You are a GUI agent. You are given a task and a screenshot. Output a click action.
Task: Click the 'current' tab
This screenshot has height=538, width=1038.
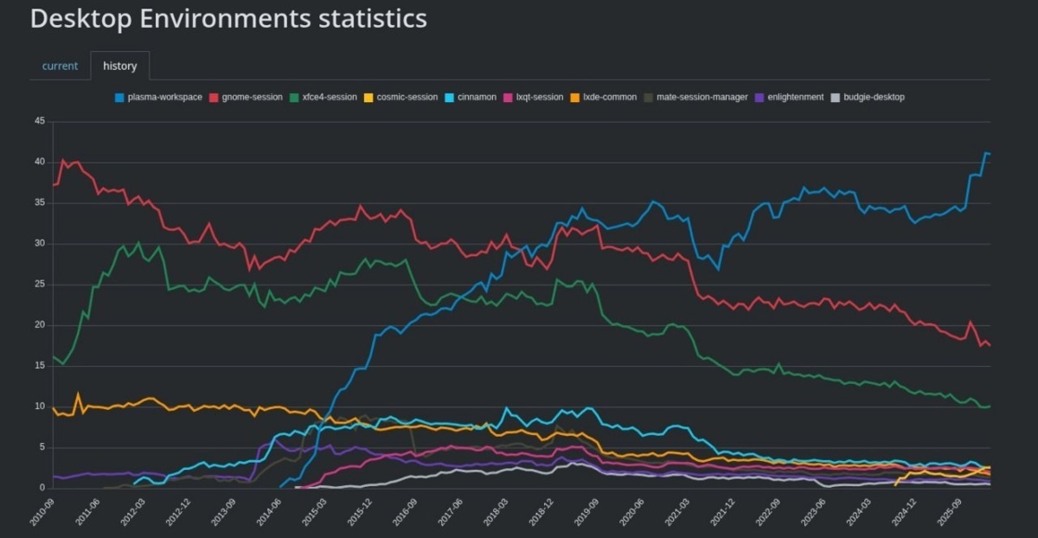pyautogui.click(x=60, y=66)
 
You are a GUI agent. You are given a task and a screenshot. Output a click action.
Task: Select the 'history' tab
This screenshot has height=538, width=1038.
pyautogui.click(x=120, y=66)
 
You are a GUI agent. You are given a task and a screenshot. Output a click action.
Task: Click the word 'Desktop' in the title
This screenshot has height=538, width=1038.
pyautogui.click(x=81, y=19)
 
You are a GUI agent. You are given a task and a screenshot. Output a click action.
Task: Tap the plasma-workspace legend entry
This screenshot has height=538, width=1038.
pyautogui.click(x=158, y=98)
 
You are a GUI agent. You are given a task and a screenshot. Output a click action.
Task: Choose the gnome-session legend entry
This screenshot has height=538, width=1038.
pyautogui.click(x=246, y=98)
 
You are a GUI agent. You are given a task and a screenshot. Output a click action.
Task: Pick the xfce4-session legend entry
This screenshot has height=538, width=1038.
pyautogui.click(x=323, y=98)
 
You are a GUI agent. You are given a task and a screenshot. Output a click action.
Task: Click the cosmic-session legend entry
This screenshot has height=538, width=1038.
pyautogui.click(x=400, y=98)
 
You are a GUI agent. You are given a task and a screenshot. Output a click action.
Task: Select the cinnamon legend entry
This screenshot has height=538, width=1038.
pyautogui.click(x=471, y=98)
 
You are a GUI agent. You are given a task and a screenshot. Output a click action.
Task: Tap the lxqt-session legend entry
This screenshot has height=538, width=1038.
pyautogui.click(x=534, y=98)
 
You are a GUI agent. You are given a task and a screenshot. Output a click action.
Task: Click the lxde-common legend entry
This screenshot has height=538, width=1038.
pyautogui.click(x=604, y=98)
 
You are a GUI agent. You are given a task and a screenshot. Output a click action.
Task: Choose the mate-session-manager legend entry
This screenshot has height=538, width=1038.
pyautogui.click(x=695, y=98)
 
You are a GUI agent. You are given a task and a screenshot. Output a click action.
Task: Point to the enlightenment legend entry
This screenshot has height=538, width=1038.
pyautogui.click(x=789, y=98)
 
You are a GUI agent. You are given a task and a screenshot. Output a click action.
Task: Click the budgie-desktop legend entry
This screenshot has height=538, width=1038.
pyautogui.click(x=868, y=98)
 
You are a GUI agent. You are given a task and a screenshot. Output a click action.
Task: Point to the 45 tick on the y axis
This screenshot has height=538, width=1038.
pyautogui.click(x=40, y=121)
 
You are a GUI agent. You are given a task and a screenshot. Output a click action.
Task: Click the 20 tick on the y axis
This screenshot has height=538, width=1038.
pyautogui.click(x=40, y=325)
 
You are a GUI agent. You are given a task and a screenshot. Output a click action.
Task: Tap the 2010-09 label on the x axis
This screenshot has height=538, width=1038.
pyautogui.click(x=42, y=512)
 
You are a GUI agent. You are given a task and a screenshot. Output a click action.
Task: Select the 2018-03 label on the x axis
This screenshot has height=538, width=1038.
pyautogui.click(x=497, y=512)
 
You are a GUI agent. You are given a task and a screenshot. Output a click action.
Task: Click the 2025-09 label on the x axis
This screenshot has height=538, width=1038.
pyautogui.click(x=950, y=512)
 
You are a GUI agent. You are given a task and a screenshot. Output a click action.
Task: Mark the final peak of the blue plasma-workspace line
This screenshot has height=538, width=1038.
pyautogui.click(x=985, y=152)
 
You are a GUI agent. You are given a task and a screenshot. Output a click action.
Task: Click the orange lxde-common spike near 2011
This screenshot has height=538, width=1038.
pyautogui.click(x=78, y=394)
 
